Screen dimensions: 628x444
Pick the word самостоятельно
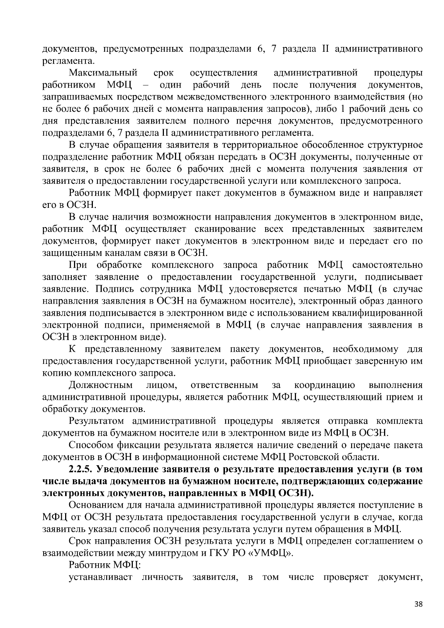tap(387, 265)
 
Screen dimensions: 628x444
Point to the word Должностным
tap(101, 385)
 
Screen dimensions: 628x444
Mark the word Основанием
tap(97, 506)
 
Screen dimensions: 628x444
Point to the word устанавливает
tap(101, 578)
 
